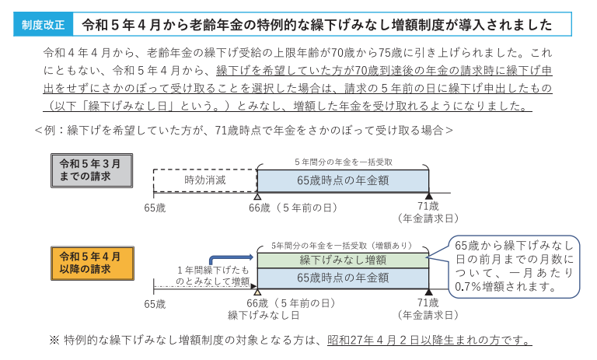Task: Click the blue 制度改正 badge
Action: coord(42,25)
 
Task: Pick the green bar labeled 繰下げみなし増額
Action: coord(343,260)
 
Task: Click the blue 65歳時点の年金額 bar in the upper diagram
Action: coord(343,180)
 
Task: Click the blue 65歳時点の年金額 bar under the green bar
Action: coord(343,278)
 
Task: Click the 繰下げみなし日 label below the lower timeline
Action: coord(264,316)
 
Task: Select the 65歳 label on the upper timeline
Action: coord(155,208)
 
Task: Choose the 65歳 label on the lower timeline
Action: coord(155,303)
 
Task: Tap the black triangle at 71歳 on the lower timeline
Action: coord(428,292)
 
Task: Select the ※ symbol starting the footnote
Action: coord(54,341)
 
